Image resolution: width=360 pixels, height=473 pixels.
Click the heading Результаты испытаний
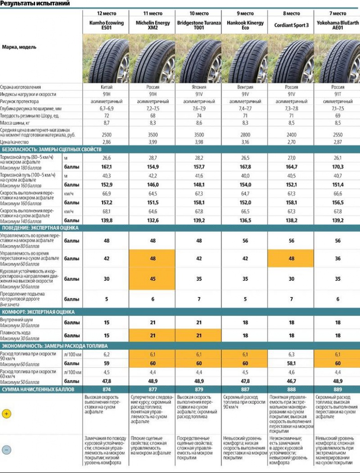tap(36, 4)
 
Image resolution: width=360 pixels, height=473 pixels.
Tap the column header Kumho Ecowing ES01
tap(106, 25)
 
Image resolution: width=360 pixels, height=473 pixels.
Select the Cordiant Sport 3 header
tap(291, 25)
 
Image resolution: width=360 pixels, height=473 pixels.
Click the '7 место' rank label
tap(337, 13)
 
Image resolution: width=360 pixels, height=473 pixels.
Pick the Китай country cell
tap(106, 87)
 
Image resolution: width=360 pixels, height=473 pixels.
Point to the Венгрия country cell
tap(245, 87)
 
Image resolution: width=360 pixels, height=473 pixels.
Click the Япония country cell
tap(199, 87)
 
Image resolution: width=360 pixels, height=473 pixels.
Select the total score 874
tap(106, 389)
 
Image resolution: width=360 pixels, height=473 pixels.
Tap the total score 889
tap(337, 389)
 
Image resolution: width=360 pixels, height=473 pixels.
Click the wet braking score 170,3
tap(337, 167)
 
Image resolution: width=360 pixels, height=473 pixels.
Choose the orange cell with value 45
tap(153, 279)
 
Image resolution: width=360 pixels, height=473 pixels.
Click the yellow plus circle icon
tap(6, 414)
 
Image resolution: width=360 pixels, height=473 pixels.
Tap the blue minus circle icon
tap(6, 449)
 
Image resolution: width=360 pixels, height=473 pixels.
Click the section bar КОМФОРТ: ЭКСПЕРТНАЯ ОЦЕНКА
tap(39, 312)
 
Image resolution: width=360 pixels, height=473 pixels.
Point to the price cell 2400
tap(291, 133)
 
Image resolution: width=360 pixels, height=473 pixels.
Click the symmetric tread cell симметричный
tap(337, 101)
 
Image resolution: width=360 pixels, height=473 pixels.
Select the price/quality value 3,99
tap(153, 142)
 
